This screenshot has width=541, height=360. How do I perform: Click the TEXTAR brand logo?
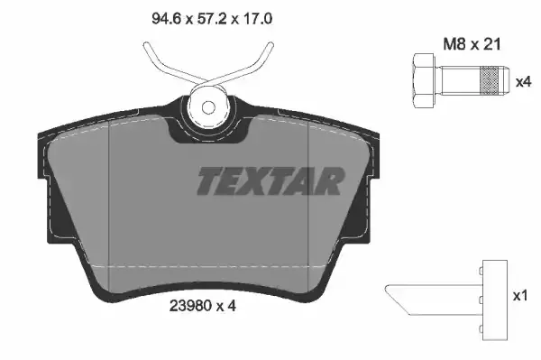[x=270, y=181]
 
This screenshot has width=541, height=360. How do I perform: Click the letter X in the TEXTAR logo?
[x=253, y=181]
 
